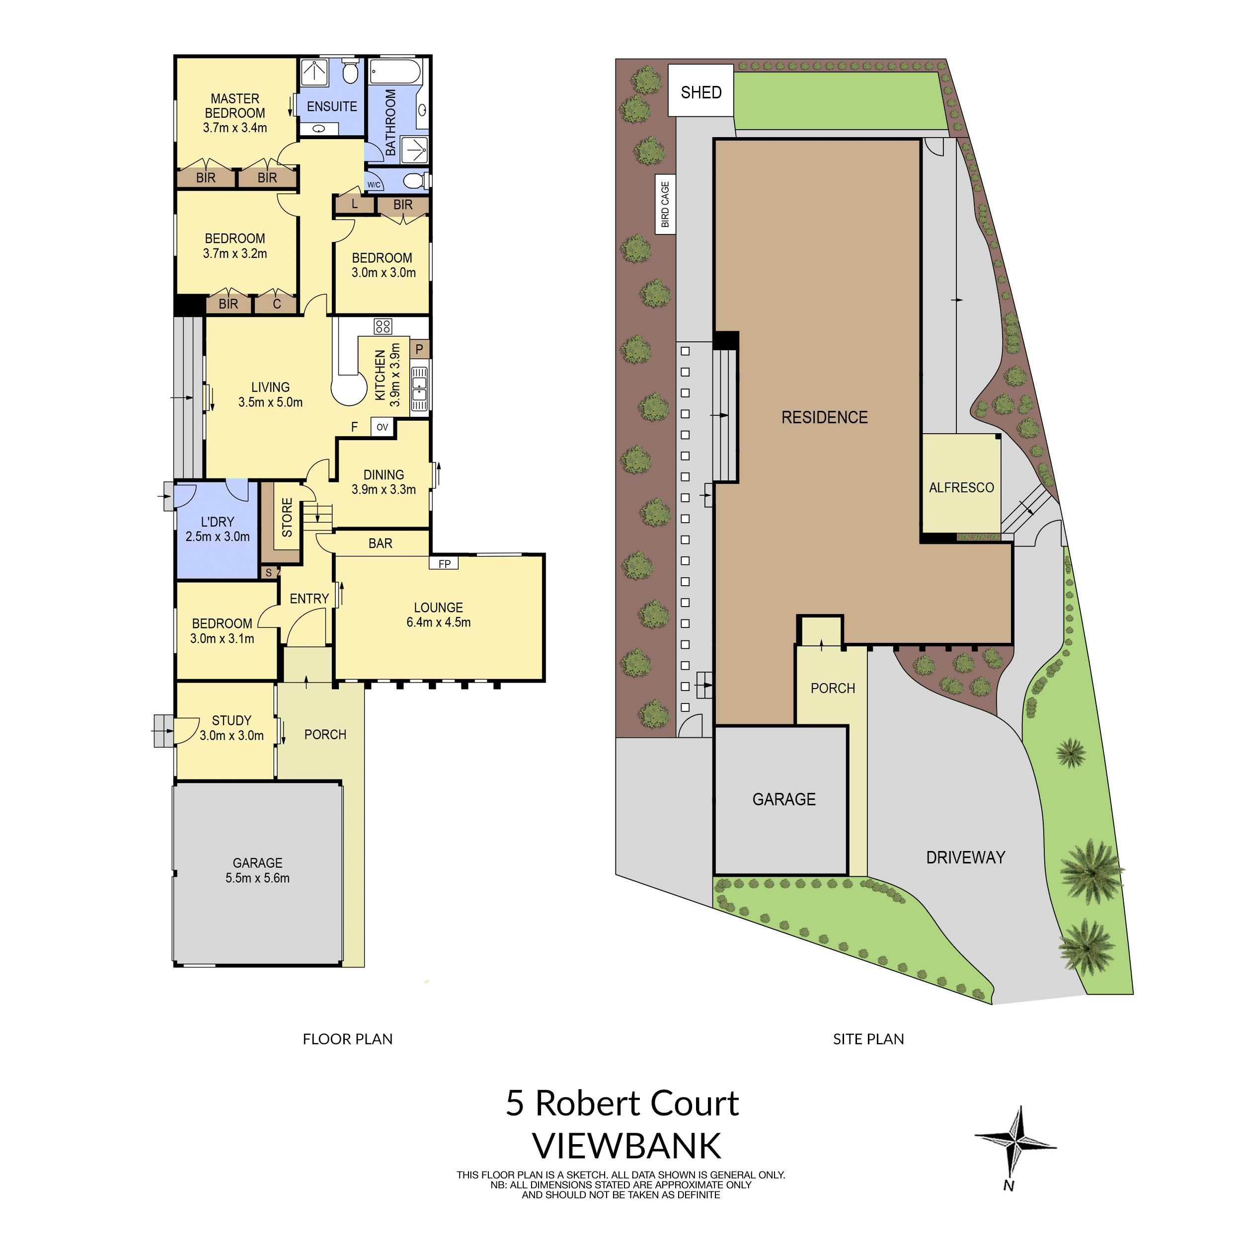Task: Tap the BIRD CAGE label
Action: (665, 204)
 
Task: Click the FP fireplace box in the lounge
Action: (444, 564)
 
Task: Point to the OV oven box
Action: (383, 427)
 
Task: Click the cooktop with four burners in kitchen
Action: (383, 326)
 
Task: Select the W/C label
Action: (374, 184)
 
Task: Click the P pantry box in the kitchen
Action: (419, 349)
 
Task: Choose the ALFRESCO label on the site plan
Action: (961, 488)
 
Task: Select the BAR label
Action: (381, 543)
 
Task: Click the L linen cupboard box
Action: (354, 204)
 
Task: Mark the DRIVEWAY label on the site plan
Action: (965, 857)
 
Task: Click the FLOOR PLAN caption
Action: (347, 1039)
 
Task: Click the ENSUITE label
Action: (332, 107)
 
